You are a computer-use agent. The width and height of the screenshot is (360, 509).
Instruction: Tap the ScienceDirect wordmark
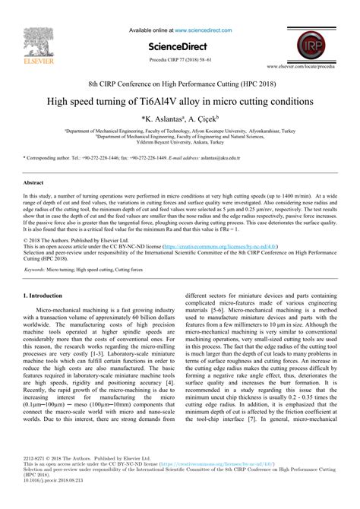(179, 27)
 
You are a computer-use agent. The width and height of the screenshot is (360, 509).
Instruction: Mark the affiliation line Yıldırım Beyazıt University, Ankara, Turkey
(180, 140)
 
